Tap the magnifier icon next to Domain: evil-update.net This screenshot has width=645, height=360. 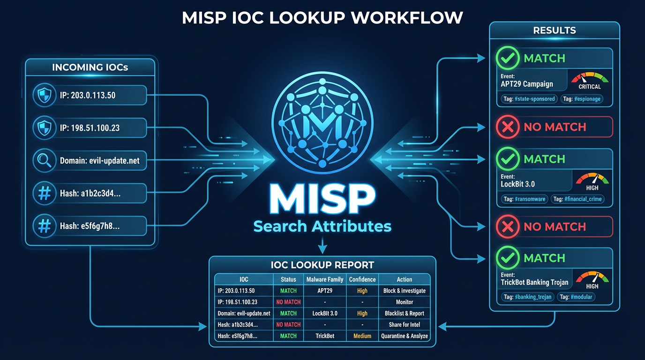tap(44, 161)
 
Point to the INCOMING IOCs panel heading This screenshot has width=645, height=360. tap(90, 67)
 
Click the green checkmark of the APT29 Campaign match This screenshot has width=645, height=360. tap(508, 59)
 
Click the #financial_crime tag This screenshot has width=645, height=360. tap(577, 199)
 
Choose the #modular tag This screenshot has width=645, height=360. tap(576, 297)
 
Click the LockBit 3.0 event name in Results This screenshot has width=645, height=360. tap(517, 184)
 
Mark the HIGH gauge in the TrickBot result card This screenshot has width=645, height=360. tap(592, 279)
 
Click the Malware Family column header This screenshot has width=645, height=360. tap(325, 279)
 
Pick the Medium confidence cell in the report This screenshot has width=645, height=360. tap(362, 336)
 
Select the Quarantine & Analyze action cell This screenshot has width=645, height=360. tap(404, 336)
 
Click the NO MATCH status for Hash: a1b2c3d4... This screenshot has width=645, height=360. tap(288, 324)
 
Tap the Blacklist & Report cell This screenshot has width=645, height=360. tap(404, 313)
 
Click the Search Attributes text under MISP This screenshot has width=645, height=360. tap(322, 227)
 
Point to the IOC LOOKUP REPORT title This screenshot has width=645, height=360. tap(322, 265)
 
